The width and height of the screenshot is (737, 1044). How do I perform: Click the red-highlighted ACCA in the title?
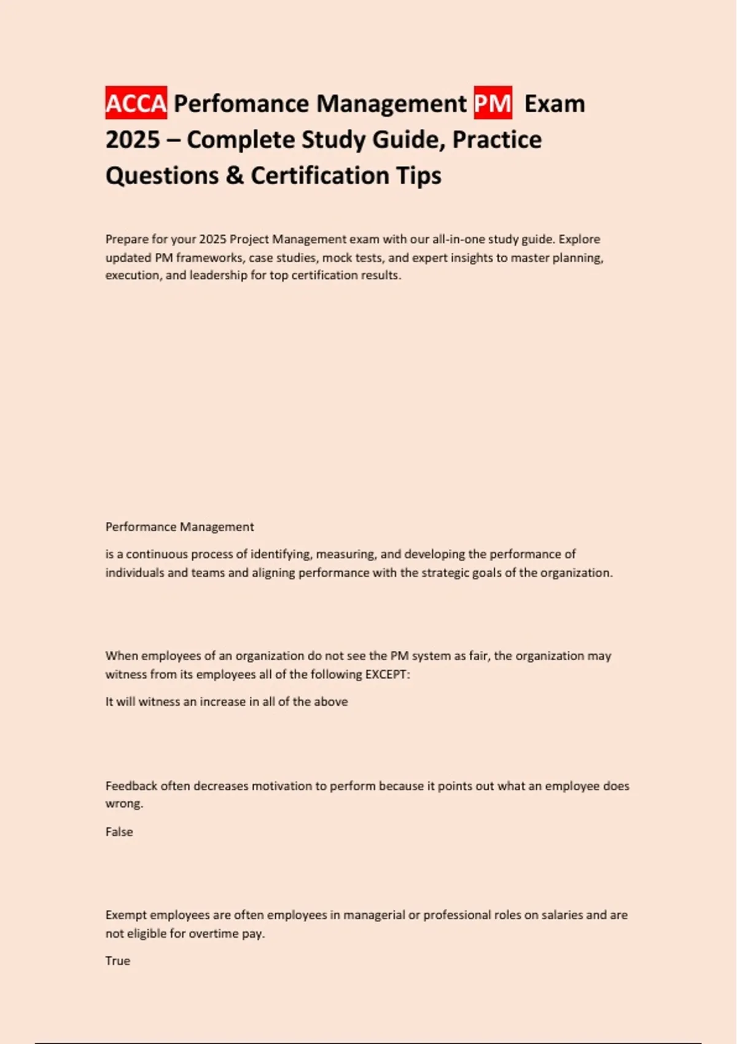pyautogui.click(x=136, y=103)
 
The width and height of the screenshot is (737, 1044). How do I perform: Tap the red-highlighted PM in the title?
pyautogui.click(x=493, y=103)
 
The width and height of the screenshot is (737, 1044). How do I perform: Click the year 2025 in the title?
pyautogui.click(x=133, y=139)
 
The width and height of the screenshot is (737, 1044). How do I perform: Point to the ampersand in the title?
pyautogui.click(x=235, y=176)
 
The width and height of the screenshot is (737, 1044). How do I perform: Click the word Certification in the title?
pyautogui.click(x=319, y=176)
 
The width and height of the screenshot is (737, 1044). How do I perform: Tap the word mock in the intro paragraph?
pyautogui.click(x=337, y=257)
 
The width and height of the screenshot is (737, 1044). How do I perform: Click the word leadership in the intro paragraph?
pyautogui.click(x=215, y=275)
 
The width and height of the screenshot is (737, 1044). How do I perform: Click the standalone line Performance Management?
pyautogui.click(x=179, y=527)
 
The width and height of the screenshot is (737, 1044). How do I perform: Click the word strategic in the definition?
pyautogui.click(x=445, y=572)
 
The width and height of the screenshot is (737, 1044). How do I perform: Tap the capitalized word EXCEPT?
pyautogui.click(x=387, y=674)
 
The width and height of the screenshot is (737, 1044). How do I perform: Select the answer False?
pyautogui.click(x=119, y=832)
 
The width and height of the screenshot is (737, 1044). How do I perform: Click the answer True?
pyautogui.click(x=118, y=960)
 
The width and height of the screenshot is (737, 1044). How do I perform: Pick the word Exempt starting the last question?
pyautogui.click(x=126, y=915)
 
